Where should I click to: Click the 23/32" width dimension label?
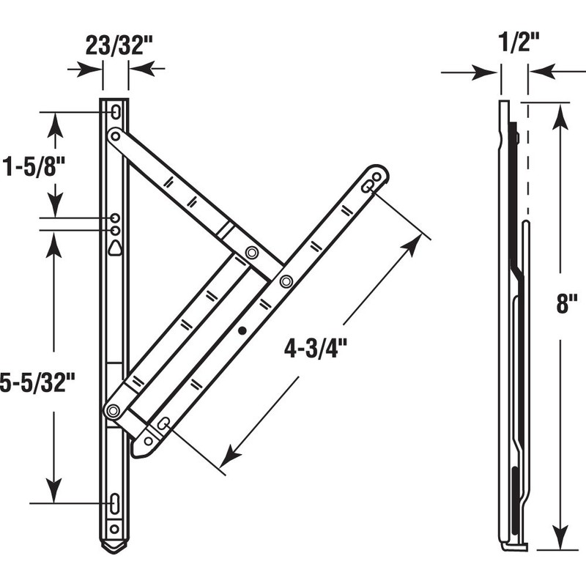116,45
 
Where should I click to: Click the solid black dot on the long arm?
242,331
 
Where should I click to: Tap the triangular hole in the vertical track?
116,248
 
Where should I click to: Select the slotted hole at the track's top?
116,112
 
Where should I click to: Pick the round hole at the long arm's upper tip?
377,177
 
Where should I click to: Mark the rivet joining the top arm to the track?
114,136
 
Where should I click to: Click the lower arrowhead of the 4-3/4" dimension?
228,459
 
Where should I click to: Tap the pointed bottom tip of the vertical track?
114,549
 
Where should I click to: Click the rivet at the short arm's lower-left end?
113,411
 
